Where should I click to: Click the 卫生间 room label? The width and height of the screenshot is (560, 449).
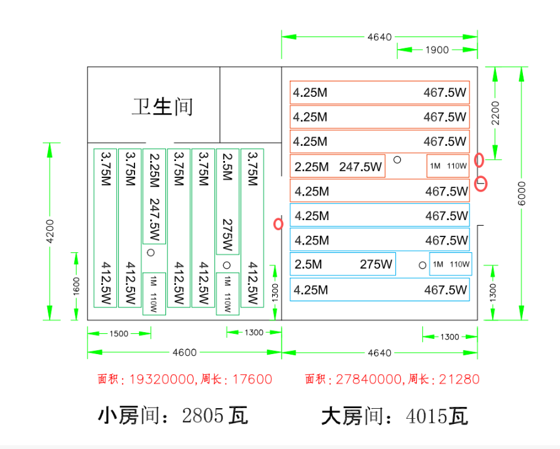point(162,106)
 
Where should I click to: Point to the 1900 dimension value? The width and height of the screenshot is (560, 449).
point(437,50)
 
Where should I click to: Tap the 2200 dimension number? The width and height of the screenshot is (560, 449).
point(496,113)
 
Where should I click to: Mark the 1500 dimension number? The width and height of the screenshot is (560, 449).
point(119,333)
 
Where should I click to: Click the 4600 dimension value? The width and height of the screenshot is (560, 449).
point(184,352)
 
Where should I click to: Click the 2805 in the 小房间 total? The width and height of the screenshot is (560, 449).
point(202,416)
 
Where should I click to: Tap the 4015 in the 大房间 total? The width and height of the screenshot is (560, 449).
point(427,416)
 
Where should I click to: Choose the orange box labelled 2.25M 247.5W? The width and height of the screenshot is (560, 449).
point(338,166)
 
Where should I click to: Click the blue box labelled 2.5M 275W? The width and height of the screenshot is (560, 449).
point(343,265)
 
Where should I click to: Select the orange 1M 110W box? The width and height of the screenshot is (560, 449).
point(448,166)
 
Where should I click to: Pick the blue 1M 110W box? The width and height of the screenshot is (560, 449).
point(450,264)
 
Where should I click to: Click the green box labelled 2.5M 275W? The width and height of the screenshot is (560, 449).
point(227,201)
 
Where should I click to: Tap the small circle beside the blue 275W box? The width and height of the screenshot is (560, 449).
point(422,265)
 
